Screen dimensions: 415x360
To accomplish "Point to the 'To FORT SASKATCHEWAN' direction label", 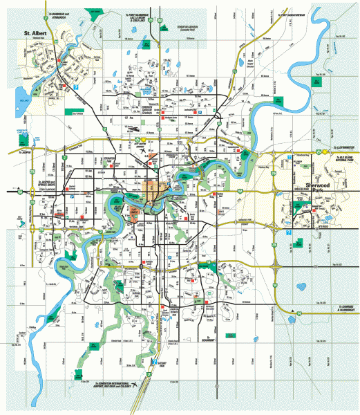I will point(290,15).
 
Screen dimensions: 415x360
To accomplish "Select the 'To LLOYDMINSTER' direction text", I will point(343,147).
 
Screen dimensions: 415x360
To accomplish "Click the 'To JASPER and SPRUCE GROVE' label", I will point(43,185).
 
